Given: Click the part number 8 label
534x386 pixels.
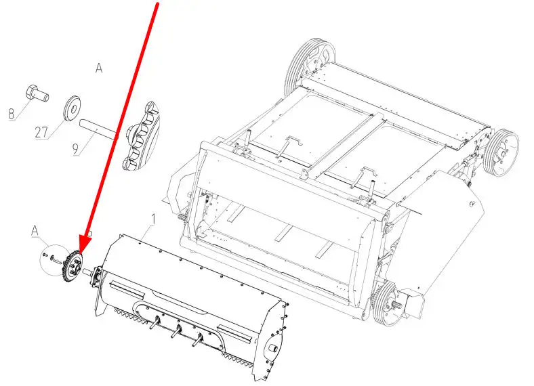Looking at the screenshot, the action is (x=12, y=114).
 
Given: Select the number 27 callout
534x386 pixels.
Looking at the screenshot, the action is (x=41, y=132).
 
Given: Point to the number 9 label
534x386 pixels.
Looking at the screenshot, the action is (x=76, y=149).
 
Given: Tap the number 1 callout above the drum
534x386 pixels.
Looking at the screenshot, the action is (x=153, y=219).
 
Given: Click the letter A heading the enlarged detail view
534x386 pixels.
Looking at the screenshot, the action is (x=99, y=68).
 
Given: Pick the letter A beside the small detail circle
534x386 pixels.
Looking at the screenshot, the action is (x=35, y=231).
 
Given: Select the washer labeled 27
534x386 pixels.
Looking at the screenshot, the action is (x=73, y=108).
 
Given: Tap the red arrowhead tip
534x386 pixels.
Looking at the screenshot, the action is (x=81, y=254).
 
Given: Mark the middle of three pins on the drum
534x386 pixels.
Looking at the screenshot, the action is (x=177, y=331).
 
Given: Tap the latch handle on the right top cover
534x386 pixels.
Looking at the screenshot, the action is (x=364, y=175).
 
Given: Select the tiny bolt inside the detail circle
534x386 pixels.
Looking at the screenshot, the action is (x=45, y=255).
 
